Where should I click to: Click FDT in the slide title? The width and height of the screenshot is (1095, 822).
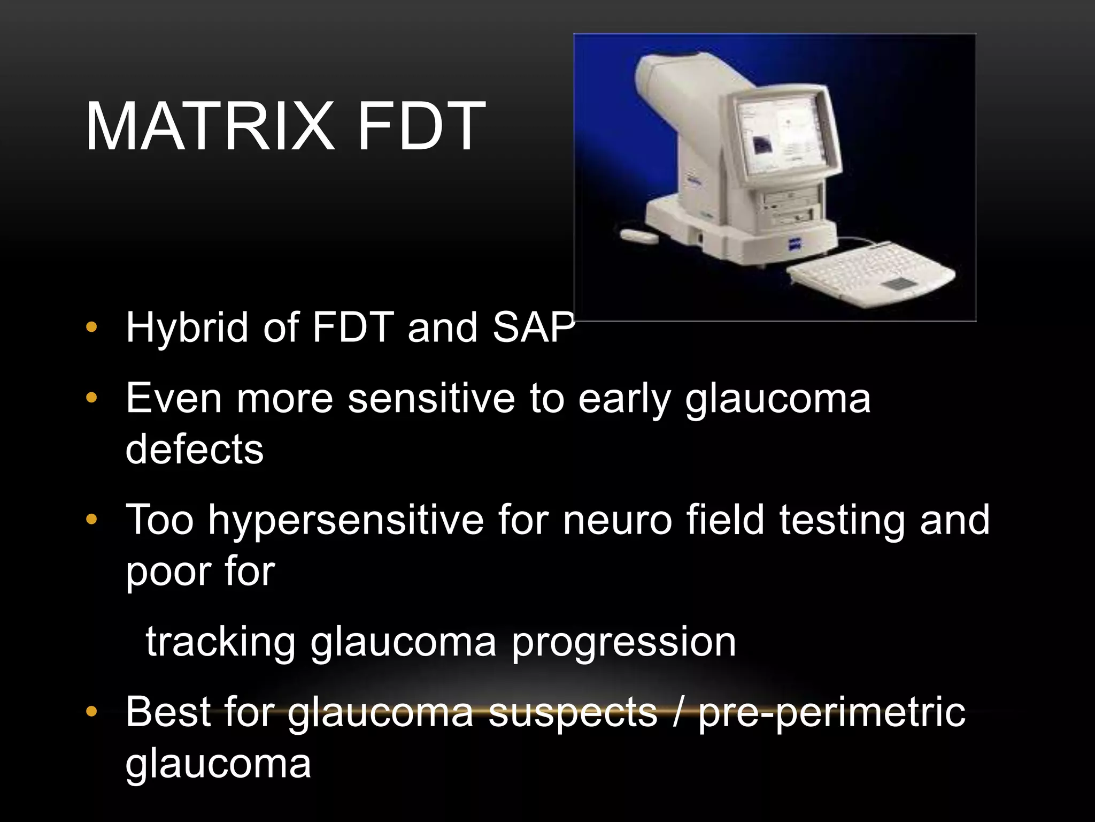pyautogui.click(x=421, y=127)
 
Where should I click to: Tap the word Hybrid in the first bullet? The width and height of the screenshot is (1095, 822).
pyautogui.click(x=187, y=328)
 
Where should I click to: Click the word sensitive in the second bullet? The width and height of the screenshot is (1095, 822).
pyautogui.click(x=431, y=399)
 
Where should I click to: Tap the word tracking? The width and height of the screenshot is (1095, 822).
pyautogui.click(x=220, y=642)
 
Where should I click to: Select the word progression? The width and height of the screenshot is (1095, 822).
pyautogui.click(x=624, y=643)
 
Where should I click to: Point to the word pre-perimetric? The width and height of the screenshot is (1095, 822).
pyautogui.click(x=832, y=712)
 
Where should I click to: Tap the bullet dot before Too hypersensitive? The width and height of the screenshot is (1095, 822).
pyautogui.click(x=91, y=519)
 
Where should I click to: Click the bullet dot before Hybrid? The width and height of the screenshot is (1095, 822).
pyautogui.click(x=91, y=328)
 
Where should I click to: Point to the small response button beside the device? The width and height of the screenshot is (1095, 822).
pyautogui.click(x=639, y=236)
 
